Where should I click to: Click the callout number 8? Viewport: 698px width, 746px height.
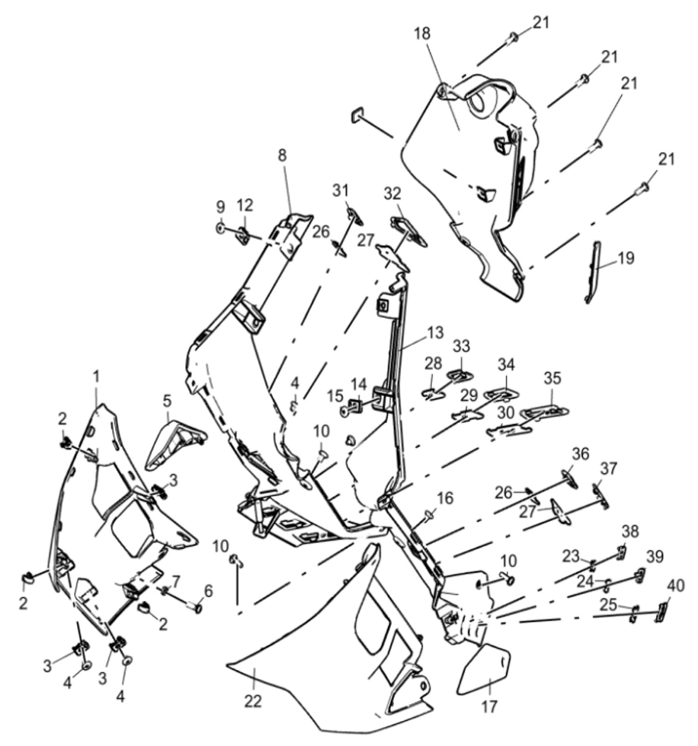(x=283, y=155)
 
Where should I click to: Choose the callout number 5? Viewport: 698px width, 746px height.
(x=167, y=400)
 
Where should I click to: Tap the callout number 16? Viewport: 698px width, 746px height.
(x=445, y=498)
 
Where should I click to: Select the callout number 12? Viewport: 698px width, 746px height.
(x=245, y=205)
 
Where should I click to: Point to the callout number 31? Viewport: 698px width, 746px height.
(x=353, y=190)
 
